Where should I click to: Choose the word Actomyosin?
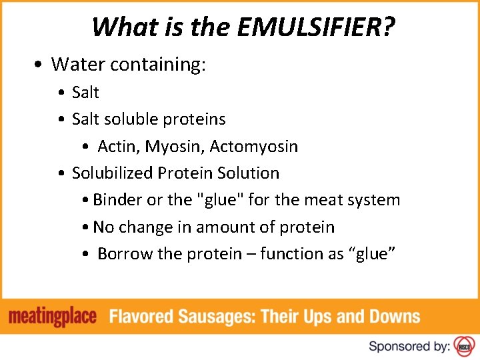[253, 146]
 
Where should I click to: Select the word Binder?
[118, 200]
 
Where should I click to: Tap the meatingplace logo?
[53, 315]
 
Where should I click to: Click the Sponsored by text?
[409, 346]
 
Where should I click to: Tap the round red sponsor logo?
[463, 346]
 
